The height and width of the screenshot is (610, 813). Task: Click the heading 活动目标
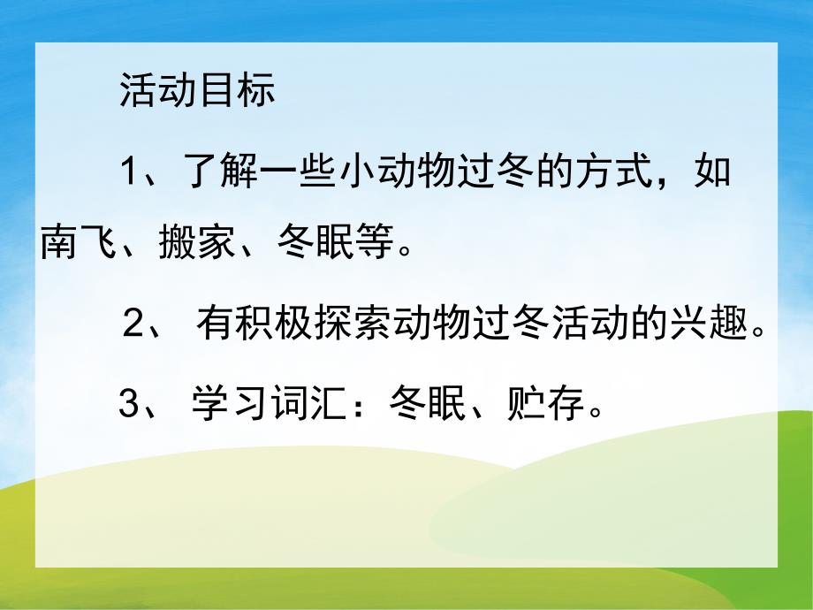pos(197,92)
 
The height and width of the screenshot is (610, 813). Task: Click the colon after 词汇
pos(361,408)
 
